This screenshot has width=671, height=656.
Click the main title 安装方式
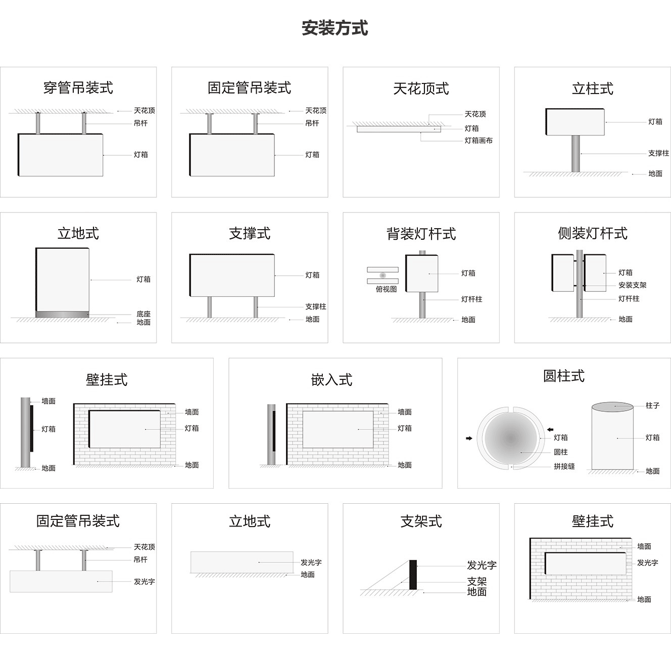click(x=334, y=28)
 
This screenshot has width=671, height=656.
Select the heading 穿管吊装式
click(x=78, y=88)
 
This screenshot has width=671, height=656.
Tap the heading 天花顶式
click(x=421, y=89)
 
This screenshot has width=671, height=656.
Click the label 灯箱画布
click(x=478, y=141)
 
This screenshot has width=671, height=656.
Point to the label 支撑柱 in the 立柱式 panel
click(x=658, y=153)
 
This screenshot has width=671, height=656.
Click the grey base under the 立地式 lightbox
click(x=62, y=315)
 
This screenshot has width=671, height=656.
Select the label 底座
click(x=143, y=314)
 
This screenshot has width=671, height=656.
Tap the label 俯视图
click(x=386, y=289)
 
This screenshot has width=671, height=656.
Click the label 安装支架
click(x=632, y=285)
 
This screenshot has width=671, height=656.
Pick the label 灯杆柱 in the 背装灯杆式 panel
click(x=471, y=299)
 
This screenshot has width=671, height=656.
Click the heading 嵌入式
click(x=331, y=380)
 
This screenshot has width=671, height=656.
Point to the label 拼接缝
click(x=564, y=466)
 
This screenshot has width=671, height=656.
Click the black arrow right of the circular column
click(x=550, y=430)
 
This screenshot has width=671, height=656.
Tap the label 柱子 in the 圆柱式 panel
click(x=652, y=406)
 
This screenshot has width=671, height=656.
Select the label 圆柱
click(x=560, y=452)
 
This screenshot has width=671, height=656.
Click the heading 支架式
click(x=421, y=521)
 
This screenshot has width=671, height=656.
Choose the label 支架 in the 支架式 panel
click(x=476, y=582)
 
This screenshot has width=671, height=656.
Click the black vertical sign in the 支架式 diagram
click(x=413, y=575)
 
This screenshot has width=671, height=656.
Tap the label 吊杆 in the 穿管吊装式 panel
click(x=140, y=123)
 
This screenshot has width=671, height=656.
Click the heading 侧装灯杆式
click(x=592, y=234)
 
